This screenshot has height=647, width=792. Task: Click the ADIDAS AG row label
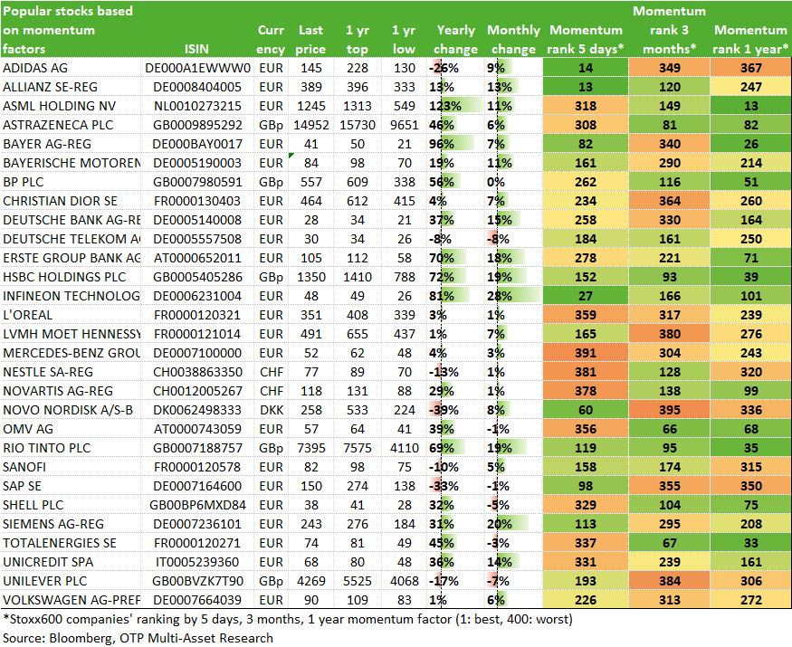tap(35, 68)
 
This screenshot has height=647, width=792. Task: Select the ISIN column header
tap(196, 49)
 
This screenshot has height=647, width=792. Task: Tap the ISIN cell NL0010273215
tap(197, 106)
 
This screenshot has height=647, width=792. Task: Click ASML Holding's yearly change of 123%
tap(445, 106)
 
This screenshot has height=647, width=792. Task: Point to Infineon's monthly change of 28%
tap(499, 296)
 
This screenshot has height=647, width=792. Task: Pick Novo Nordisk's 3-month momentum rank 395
tap(669, 410)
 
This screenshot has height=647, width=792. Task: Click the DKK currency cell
tap(272, 410)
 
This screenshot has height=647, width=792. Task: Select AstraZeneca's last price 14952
tap(310, 125)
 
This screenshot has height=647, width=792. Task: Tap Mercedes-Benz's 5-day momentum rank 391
tap(586, 353)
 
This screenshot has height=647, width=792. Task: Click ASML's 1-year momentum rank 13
tap(751, 106)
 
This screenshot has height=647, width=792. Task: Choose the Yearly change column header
tap(455, 40)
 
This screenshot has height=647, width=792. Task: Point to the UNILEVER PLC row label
tap(45, 581)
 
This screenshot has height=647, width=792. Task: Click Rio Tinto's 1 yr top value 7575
tap(358, 448)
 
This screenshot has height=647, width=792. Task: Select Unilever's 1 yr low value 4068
tap(404, 581)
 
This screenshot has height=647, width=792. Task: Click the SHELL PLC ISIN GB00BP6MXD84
tap(197, 505)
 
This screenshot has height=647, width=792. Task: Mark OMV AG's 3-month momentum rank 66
tap(669, 429)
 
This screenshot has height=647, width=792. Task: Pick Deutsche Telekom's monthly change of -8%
tap(498, 239)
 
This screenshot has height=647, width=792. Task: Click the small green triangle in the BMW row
tap(291, 155)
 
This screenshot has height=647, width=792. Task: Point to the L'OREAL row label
tap(27, 315)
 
